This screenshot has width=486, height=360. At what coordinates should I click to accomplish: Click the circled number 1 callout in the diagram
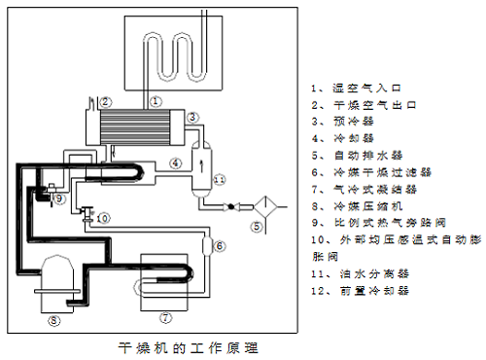156,100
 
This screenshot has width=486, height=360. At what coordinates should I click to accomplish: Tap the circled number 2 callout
106,100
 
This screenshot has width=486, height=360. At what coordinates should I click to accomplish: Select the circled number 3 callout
192,117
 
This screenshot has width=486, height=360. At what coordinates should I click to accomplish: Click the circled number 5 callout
258,227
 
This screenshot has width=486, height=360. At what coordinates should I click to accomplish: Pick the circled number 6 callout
220,245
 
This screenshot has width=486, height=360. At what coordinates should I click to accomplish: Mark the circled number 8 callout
54,318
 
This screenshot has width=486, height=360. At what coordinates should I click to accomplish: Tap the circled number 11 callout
220,180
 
